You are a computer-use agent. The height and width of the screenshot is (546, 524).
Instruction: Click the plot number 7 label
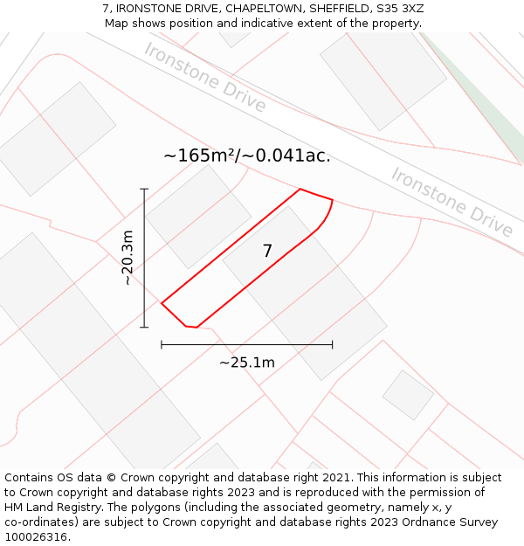[x=267, y=252]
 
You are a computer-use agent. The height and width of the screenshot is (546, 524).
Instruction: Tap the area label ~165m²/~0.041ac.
[x=247, y=156]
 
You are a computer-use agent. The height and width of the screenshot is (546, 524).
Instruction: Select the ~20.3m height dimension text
[x=128, y=258]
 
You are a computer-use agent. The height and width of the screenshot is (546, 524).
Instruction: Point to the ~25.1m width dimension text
[x=247, y=363]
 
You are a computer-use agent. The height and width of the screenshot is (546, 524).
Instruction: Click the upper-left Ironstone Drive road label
[x=205, y=77]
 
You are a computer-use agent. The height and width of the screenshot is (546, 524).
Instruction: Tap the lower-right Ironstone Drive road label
[x=452, y=202]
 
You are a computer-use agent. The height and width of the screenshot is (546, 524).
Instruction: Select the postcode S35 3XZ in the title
[x=400, y=9]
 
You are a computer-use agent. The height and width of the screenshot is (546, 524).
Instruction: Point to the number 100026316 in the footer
[x=35, y=537]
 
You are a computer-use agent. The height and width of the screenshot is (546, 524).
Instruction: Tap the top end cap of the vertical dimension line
[x=144, y=189]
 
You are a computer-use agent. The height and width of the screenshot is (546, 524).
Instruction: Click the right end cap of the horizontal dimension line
[x=332, y=344]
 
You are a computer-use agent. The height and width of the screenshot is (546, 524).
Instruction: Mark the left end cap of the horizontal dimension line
[x=162, y=344]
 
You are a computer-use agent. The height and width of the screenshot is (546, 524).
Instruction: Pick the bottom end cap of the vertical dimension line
[x=144, y=328]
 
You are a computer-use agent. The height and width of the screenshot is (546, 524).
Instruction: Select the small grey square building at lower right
[x=408, y=395]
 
